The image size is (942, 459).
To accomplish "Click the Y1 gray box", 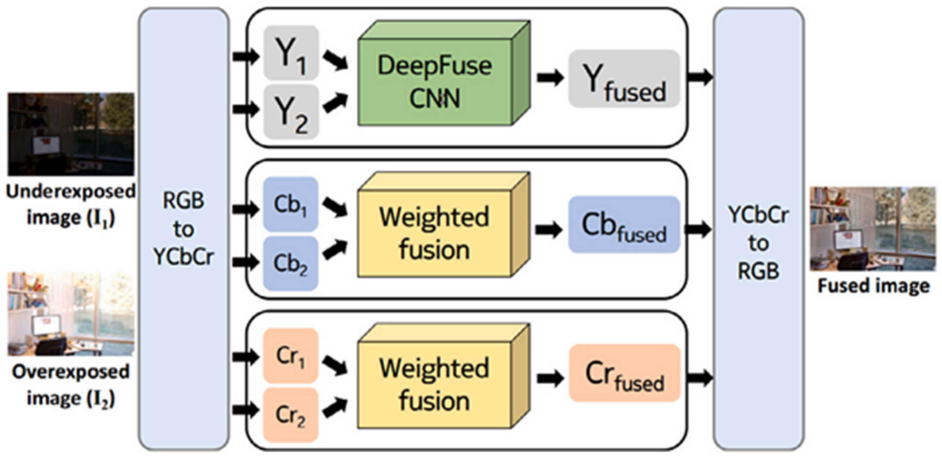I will point(291,53).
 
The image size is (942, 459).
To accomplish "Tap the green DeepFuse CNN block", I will point(435,82).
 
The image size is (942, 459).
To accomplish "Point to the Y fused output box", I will point(624,79).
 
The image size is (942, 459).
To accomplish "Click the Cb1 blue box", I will point(291,204).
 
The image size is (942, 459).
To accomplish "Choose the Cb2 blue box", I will point(291,263).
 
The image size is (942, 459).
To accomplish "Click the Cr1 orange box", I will point(291,356).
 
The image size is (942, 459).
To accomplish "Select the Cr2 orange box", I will point(291,415).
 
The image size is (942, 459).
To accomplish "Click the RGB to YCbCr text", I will point(184,229).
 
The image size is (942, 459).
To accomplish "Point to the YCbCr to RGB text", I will point(758,243).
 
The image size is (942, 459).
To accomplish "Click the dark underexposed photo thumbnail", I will point(71,134).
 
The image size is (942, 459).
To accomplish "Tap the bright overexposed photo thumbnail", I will point(71,314).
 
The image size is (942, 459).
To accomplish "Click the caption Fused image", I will point(873,286).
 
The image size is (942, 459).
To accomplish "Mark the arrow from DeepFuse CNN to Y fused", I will point(550,78).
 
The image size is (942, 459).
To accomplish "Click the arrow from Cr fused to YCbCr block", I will point(699,378).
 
